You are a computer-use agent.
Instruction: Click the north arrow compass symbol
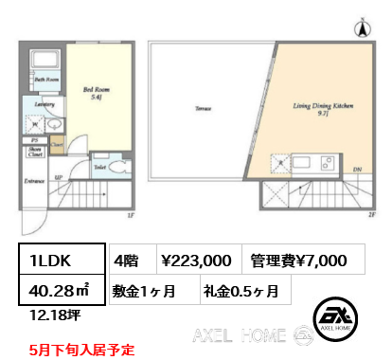tap(361, 28)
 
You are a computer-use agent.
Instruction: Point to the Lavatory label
tap(43, 104)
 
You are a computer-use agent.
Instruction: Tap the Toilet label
tap(99, 166)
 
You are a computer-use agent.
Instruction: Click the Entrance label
tap(36, 181)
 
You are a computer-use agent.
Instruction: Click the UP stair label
tap(60, 176)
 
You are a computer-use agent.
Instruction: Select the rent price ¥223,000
tap(197, 260)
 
